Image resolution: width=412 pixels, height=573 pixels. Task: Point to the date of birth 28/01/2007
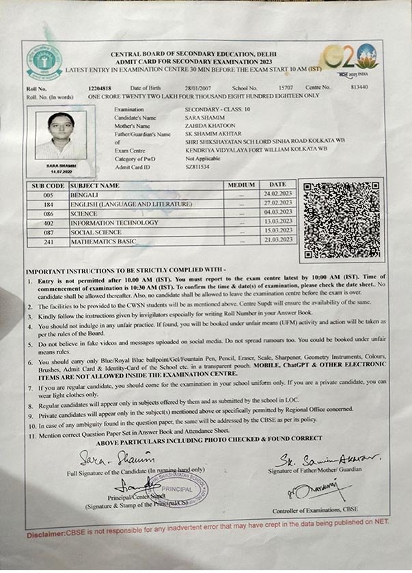179,88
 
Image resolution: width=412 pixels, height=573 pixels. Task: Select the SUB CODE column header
48,185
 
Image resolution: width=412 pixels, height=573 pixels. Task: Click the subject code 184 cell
49,204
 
